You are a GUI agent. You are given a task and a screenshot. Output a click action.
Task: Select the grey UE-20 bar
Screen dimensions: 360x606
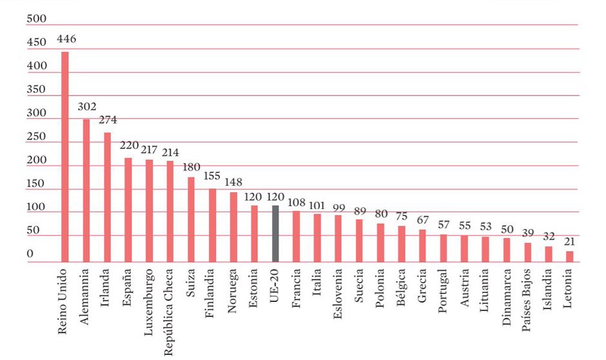point(275,234)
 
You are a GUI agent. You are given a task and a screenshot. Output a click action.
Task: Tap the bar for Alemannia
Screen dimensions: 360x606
point(86,190)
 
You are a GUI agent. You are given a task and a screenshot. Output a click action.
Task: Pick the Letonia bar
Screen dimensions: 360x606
point(569,256)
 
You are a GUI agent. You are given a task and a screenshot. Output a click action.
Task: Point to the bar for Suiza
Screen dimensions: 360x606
point(191,219)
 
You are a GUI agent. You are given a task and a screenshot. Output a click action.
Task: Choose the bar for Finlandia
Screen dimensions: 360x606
point(212,225)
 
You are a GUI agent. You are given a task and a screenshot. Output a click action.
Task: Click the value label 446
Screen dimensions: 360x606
point(66,39)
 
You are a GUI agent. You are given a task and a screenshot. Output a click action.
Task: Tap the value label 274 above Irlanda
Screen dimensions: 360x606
point(108,120)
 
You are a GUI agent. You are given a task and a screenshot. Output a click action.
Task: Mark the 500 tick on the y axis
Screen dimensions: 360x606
point(37,19)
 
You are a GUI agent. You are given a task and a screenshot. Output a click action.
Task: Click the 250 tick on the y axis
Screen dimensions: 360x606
point(37,137)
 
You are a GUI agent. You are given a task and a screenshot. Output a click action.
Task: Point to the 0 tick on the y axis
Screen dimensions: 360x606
point(30,254)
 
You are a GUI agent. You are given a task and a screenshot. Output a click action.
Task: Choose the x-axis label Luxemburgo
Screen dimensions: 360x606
point(149,301)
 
